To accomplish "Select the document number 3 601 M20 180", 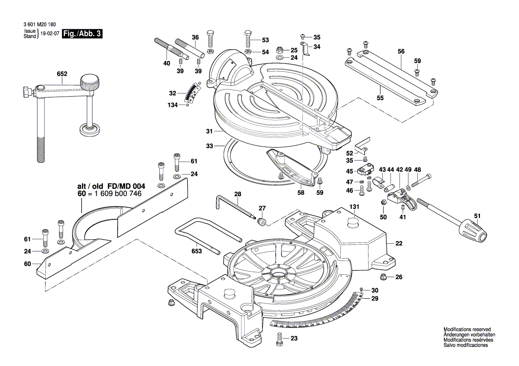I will [40, 26].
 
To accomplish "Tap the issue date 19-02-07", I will [51, 35].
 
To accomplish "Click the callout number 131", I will [354, 206].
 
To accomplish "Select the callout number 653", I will [197, 251].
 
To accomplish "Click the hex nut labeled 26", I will [384, 277].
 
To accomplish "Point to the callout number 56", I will [401, 52].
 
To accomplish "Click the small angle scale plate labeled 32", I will [192, 93].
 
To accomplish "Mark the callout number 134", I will [173, 105].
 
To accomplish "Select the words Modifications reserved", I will [467, 330].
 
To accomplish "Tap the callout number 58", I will [301, 193].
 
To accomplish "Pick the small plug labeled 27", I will [262, 220].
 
